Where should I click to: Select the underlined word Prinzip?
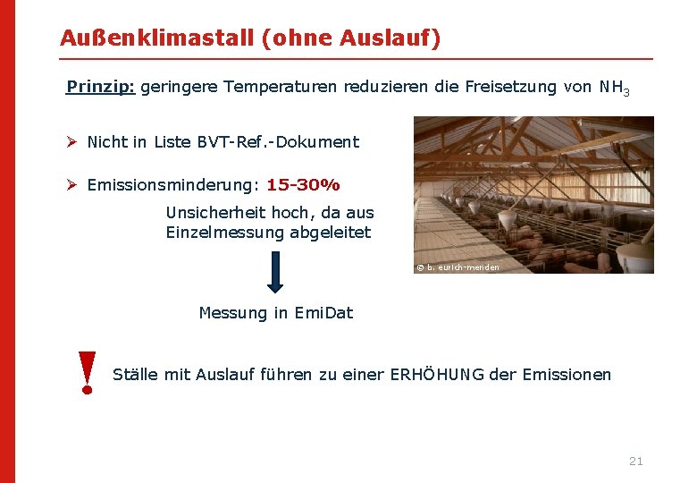coord(100,87)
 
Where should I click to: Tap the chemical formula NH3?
coord(615,88)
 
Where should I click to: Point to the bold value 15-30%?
coord(303,185)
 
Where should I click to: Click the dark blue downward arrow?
coord(275,272)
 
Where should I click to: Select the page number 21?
coord(635,461)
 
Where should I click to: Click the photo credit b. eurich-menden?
coord(462,267)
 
